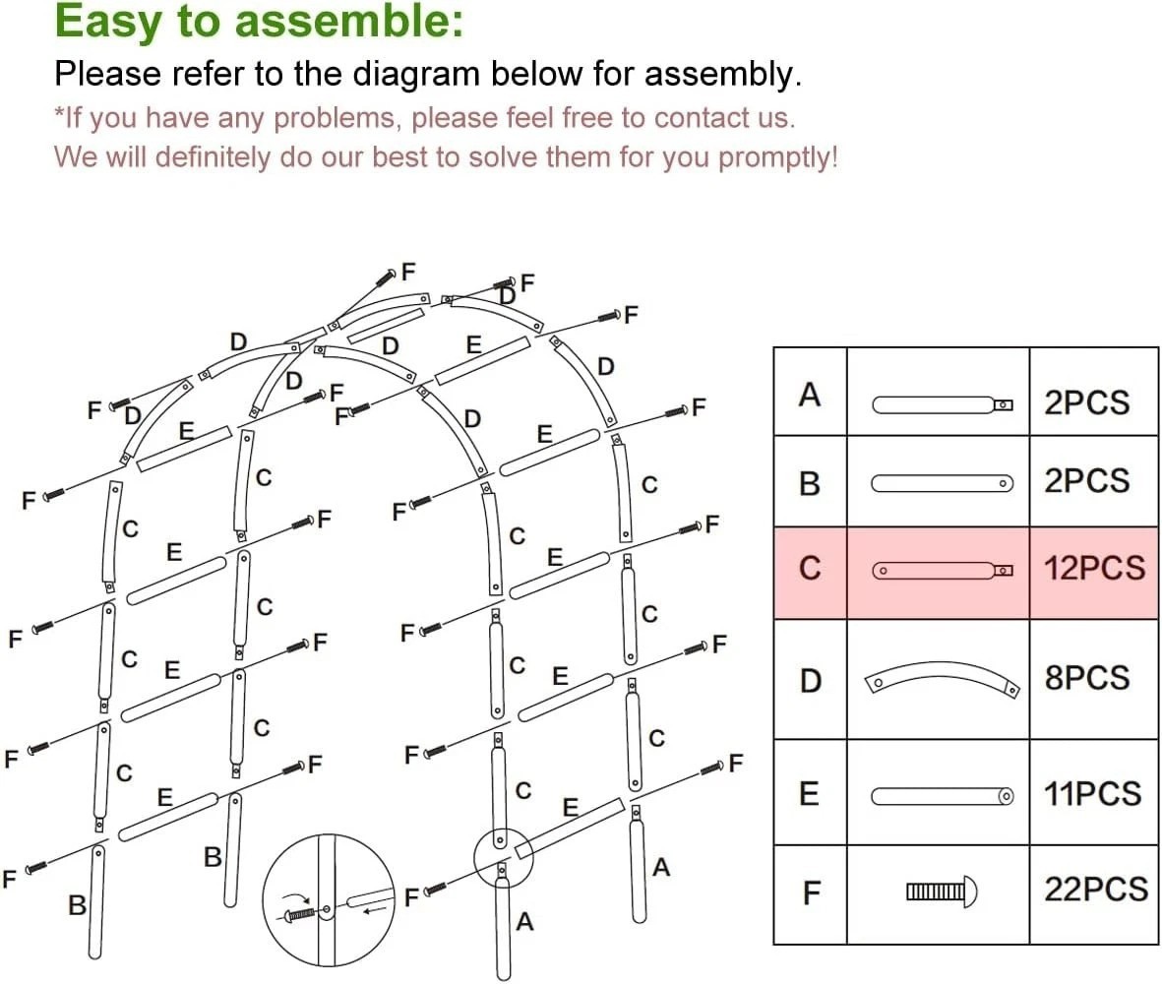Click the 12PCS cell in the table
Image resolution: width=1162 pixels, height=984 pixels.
pos(1094,569)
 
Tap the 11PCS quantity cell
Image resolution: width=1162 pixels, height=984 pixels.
pos(1093,794)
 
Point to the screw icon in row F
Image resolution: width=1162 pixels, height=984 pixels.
pos(942,892)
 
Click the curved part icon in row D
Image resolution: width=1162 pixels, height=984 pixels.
pos(942,680)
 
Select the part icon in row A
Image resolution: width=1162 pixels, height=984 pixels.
pos(942,403)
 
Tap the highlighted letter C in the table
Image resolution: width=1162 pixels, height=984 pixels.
pos(810,570)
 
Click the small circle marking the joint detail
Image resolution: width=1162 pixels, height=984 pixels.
pos(503,856)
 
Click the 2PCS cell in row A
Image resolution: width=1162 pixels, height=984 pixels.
pos(1086,403)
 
